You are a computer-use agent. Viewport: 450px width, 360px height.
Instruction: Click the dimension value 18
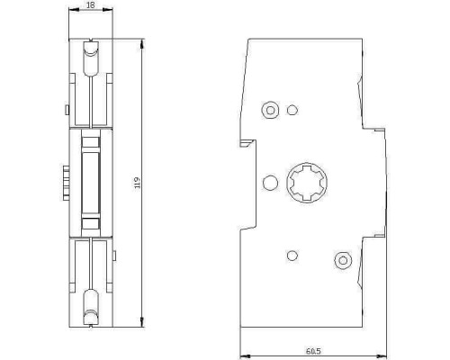90,4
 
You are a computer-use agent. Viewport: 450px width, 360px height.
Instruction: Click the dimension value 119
137,183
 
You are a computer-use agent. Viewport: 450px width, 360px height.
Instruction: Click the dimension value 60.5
313,351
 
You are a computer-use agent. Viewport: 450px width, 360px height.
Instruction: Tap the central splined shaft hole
307,183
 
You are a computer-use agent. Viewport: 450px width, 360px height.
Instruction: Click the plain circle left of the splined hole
270,183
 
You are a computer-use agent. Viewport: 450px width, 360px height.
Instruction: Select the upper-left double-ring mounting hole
270,110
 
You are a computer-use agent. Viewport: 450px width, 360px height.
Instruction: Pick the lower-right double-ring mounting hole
343,260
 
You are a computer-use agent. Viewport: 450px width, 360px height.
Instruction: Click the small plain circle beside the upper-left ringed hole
292,110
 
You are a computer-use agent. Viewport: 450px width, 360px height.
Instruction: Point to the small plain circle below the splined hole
292,256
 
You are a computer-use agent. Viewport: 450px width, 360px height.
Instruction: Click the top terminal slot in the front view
91,58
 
